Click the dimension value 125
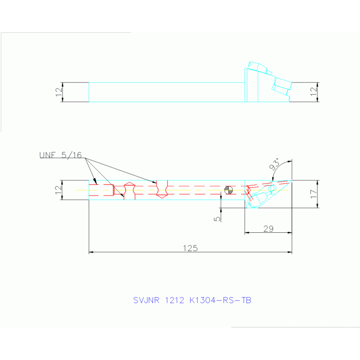tap(191, 248)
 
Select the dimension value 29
tap(268, 229)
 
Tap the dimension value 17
tap(314, 194)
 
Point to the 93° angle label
tap(275, 164)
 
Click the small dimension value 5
tap(217, 219)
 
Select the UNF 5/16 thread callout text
tap(61, 155)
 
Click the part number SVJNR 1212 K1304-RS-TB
tap(192, 300)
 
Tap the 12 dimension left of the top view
tap(59, 92)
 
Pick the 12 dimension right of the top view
tap(314, 92)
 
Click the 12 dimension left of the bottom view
tap(59, 190)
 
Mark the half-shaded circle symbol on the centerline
tap(229, 190)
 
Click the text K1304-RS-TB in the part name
tap(221, 300)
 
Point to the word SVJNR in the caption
tap(146, 300)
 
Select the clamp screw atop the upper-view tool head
tap(258, 67)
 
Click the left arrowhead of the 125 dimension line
tap(91, 252)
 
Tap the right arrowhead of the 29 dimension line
tap(290, 233)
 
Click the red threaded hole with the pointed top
tap(130, 191)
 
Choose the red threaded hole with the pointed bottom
tap(162, 189)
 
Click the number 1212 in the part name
tap(175, 300)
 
